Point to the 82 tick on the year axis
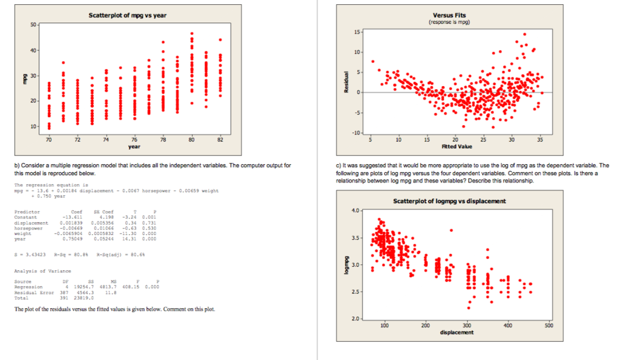point(221,140)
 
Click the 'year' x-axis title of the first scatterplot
point(134,146)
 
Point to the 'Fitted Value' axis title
point(455,146)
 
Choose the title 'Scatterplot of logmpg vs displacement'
point(449,201)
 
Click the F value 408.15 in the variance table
point(132,286)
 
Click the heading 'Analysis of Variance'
point(43,271)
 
